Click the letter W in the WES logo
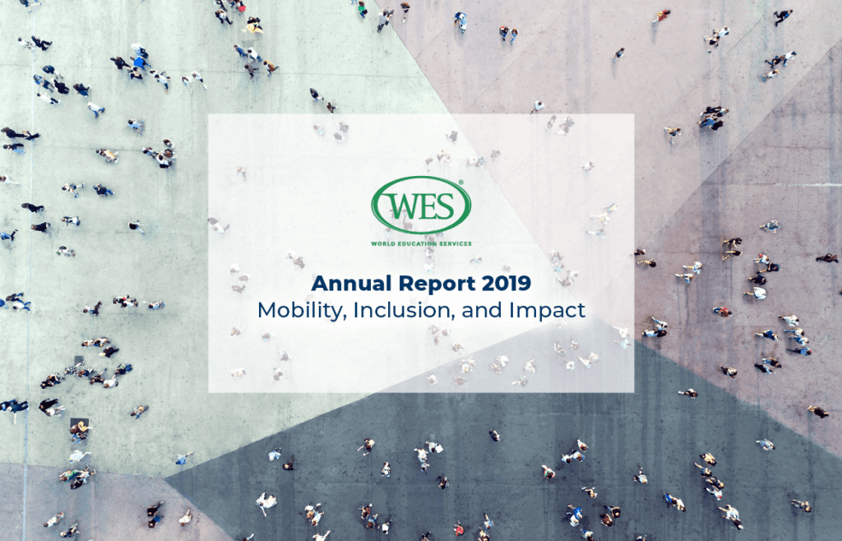click(x=398, y=204)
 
